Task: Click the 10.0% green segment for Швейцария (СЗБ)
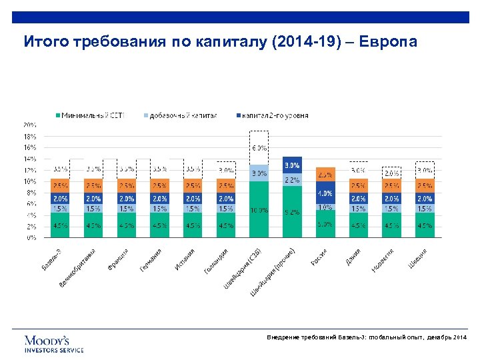(259, 209)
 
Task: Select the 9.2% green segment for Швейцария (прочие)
(292, 211)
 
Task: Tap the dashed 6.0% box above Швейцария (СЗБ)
(259, 147)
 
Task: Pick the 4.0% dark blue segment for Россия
(325, 193)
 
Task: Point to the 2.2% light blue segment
(292, 180)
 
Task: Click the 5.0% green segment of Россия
(325, 224)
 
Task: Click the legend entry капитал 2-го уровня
(273, 115)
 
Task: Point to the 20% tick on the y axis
(30, 125)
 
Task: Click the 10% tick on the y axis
(30, 181)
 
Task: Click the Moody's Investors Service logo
(54, 343)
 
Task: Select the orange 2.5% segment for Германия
(160, 185)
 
